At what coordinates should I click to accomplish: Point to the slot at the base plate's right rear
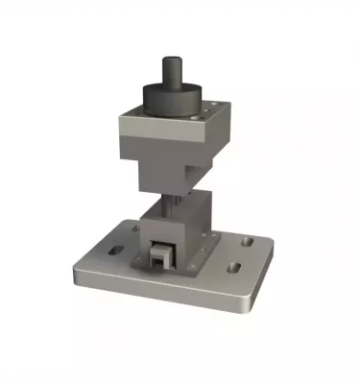pos(246,244)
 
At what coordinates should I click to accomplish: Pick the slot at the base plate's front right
pos(233,266)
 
